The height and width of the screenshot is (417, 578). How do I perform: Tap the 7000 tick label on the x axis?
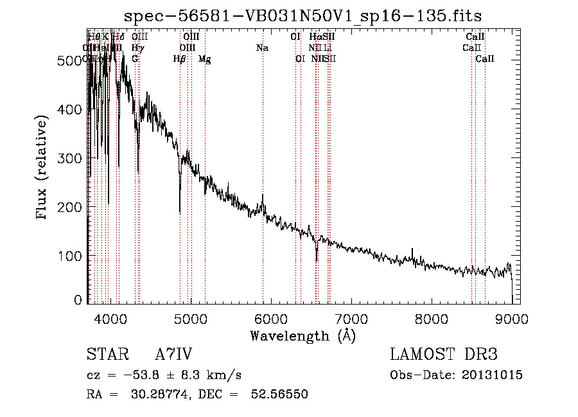pos(351,319)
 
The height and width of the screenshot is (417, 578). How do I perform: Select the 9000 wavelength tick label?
pos(511,319)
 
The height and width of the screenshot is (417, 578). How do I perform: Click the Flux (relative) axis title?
pos(43,168)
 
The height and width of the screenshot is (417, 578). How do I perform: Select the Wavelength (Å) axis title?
pos(302,335)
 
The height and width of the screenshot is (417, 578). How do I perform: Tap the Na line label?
pos(262,48)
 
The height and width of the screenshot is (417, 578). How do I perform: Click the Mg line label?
pos(204,59)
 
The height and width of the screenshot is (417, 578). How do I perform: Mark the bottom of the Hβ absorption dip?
pos(180,213)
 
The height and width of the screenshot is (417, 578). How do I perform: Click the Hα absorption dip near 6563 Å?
pos(317,260)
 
